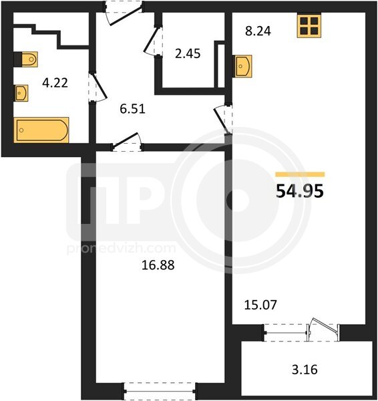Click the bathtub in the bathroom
41,130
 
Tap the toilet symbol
26,59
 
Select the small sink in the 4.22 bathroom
21,93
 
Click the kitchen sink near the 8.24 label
242,66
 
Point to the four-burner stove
309,25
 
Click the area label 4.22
55,83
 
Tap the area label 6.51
133,109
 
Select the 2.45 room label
188,53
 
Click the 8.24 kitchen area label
258,31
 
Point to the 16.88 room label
158,265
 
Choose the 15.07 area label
260,305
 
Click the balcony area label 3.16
305,370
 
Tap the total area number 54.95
300,191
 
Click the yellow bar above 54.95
300,174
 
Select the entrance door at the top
124,13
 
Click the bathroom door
98,88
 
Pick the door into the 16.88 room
127,142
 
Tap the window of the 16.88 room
159,391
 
